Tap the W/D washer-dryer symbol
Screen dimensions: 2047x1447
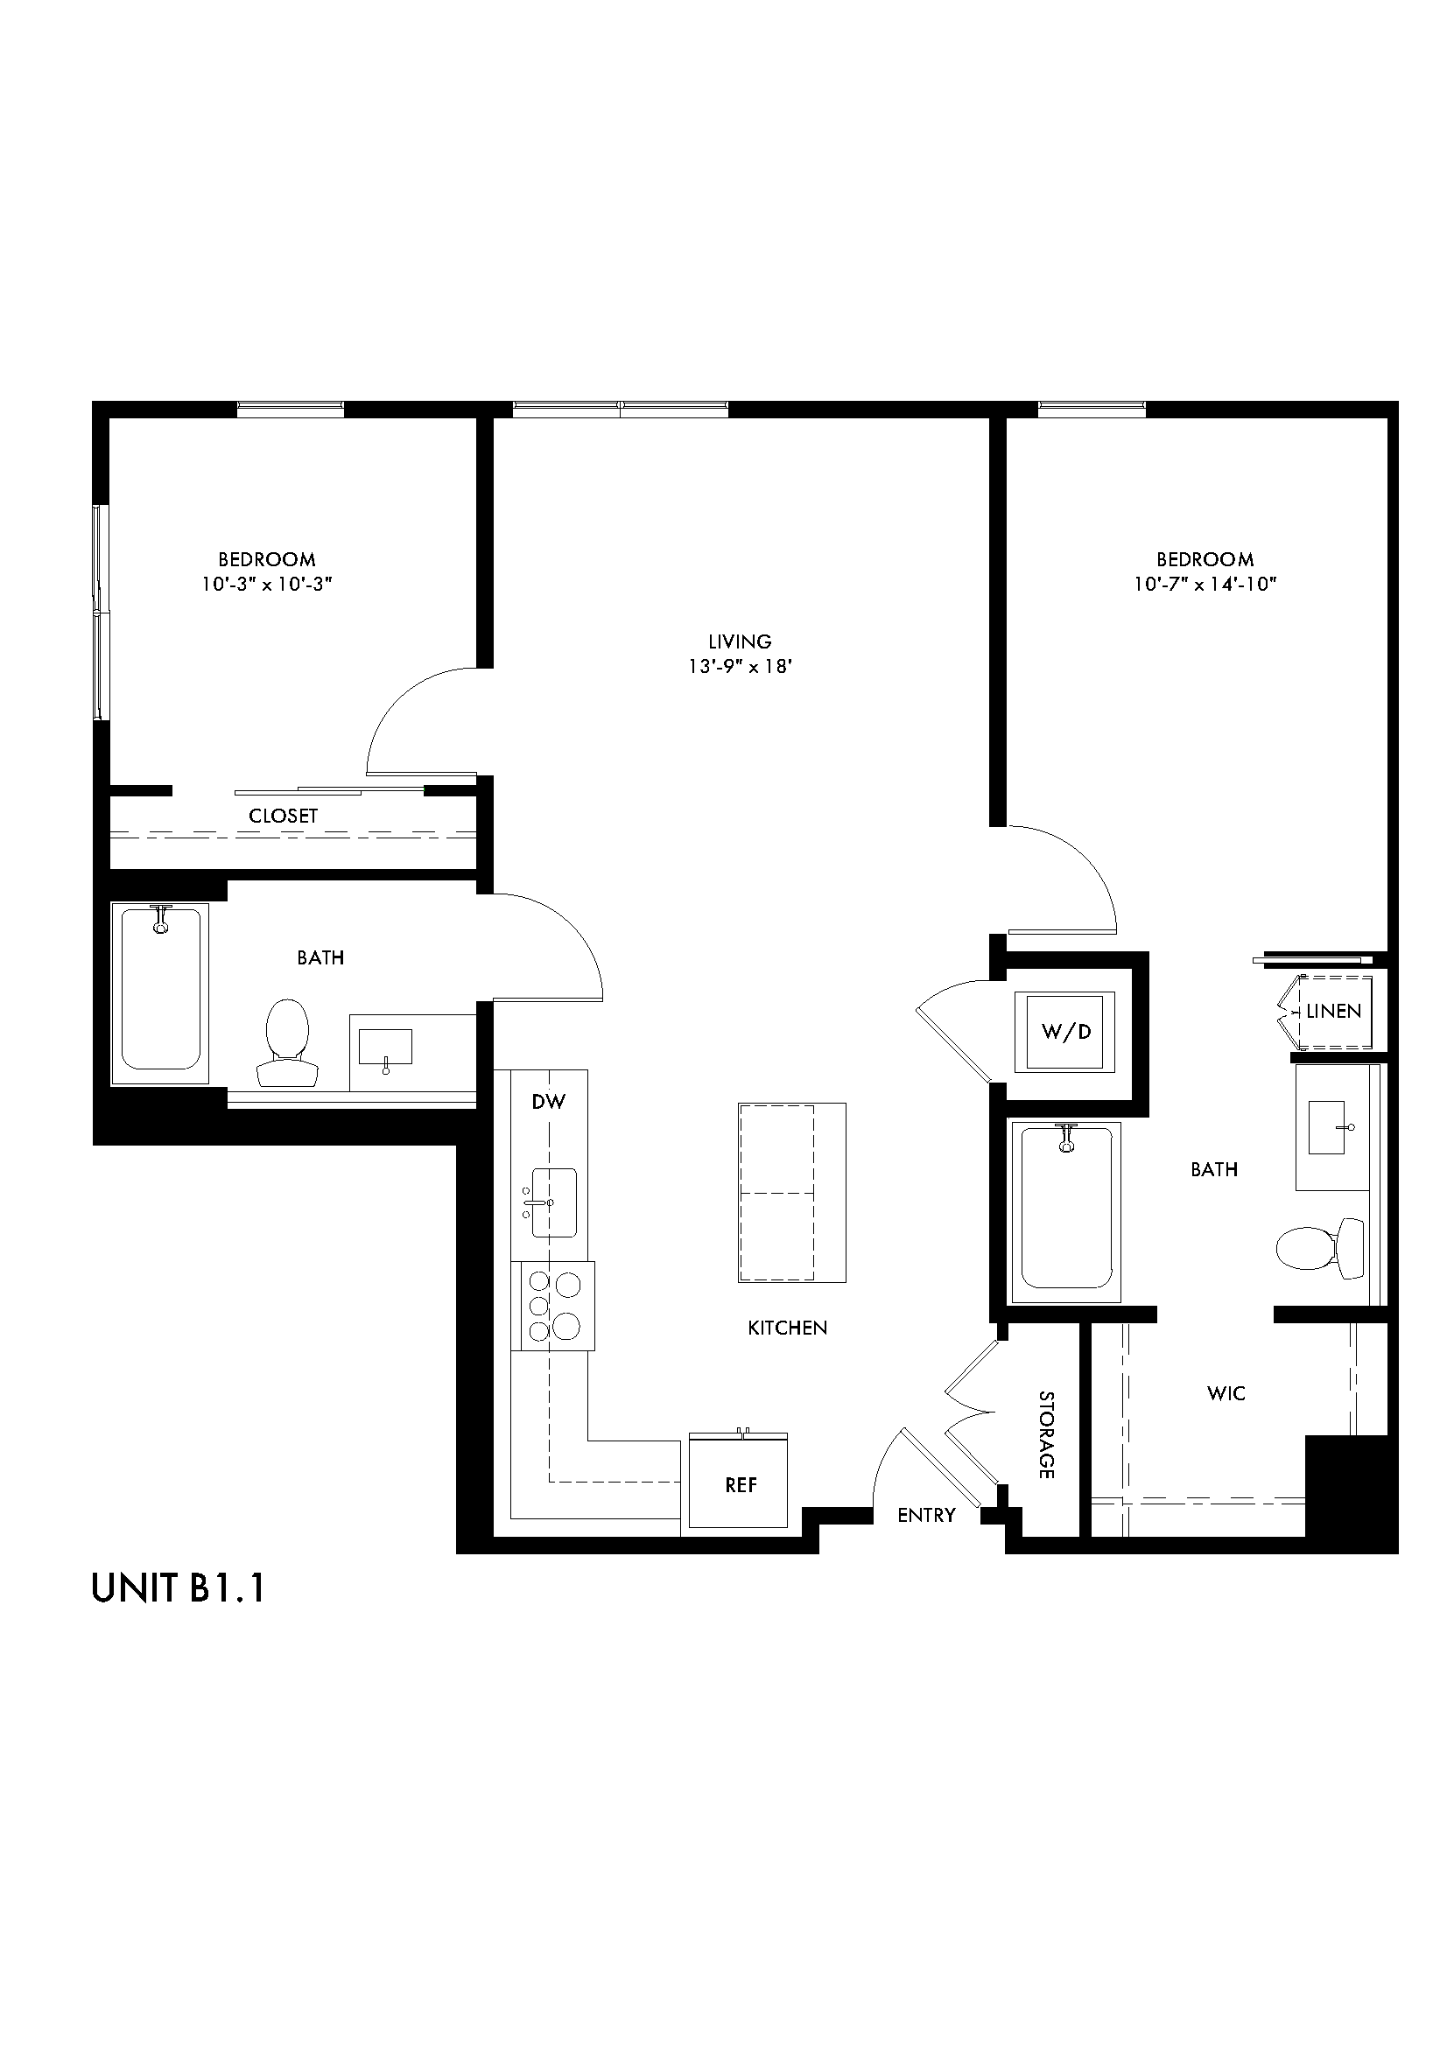click(1065, 1032)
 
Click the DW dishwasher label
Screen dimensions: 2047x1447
click(548, 1102)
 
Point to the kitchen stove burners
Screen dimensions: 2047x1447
click(552, 1306)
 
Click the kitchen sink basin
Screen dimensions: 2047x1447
click(553, 1202)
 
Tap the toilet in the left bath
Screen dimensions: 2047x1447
click(287, 1042)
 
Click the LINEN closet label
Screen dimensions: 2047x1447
click(1334, 1011)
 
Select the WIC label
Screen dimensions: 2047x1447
click(1226, 1393)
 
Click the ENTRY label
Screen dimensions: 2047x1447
click(926, 1515)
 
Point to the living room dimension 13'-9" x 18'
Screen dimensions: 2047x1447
click(740, 666)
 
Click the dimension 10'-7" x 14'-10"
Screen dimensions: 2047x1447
click(1205, 585)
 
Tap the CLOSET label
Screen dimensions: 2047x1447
click(283, 816)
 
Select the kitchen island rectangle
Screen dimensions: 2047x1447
click(790, 1193)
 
